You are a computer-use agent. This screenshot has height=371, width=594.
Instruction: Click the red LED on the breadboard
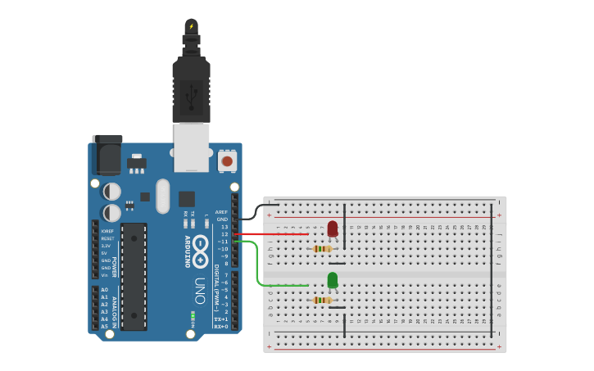coord(333,228)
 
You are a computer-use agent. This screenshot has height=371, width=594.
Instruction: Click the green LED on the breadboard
coord(333,281)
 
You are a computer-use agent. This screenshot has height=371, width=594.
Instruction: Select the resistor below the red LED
coord(324,249)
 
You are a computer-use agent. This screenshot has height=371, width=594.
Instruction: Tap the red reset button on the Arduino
coord(227,161)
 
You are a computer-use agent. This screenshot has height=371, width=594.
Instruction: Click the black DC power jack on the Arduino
coord(107,153)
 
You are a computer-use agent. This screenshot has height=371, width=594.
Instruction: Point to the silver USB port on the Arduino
coord(191,147)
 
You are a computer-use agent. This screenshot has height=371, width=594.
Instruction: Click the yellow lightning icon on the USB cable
coord(192,26)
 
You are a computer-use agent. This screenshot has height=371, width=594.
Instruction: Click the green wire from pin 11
coord(261,270)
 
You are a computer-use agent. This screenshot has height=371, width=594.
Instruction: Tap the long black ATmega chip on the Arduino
coord(134,276)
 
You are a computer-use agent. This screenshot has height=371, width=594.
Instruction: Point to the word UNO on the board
coord(200,291)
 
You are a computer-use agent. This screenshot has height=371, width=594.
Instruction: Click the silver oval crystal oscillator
coord(162,196)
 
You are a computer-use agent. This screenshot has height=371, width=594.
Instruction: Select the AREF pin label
coord(221,212)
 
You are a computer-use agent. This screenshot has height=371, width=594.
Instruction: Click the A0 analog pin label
coord(104,290)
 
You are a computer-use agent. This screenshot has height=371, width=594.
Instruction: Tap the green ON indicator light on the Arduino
coord(193,314)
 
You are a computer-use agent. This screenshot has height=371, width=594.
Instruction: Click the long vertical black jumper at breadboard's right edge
coord(492,270)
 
